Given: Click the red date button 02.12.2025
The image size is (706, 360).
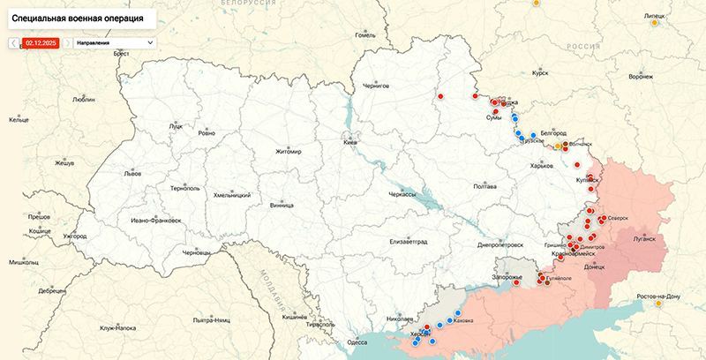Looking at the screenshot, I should coord(41,42).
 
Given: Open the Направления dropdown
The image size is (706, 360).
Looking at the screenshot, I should coord(114,42).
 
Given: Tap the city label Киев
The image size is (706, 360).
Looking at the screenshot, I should coord(350,142).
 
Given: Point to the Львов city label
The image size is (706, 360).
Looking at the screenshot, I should coord(132,174).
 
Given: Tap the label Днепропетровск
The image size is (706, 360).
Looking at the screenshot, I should coord(500,244).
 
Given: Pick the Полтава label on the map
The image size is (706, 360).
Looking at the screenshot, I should coord(484,187).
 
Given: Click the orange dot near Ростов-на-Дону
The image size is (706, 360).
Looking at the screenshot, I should coord(658,304).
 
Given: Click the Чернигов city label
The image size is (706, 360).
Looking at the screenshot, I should coord(376,86).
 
